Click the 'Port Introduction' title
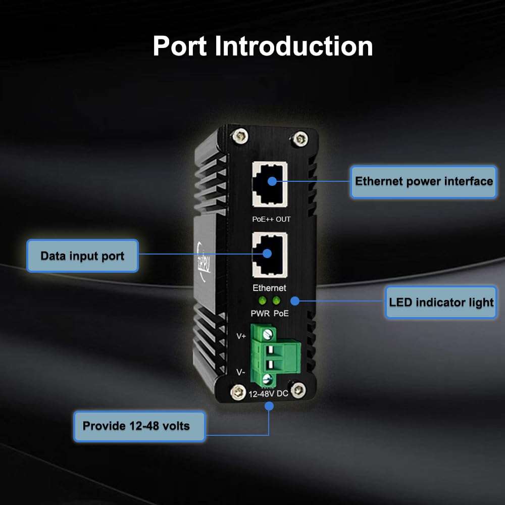(263, 46)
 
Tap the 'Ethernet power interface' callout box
(424, 181)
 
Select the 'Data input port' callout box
(82, 256)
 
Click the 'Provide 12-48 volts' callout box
(136, 426)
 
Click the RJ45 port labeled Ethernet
(270, 255)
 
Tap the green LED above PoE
(276, 301)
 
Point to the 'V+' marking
(241, 336)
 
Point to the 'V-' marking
(241, 373)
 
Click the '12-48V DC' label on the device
(268, 393)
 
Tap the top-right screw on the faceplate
(301, 136)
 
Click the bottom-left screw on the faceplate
(235, 390)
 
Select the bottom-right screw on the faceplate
(298, 390)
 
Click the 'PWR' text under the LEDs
(260, 314)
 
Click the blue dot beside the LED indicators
(295, 301)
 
